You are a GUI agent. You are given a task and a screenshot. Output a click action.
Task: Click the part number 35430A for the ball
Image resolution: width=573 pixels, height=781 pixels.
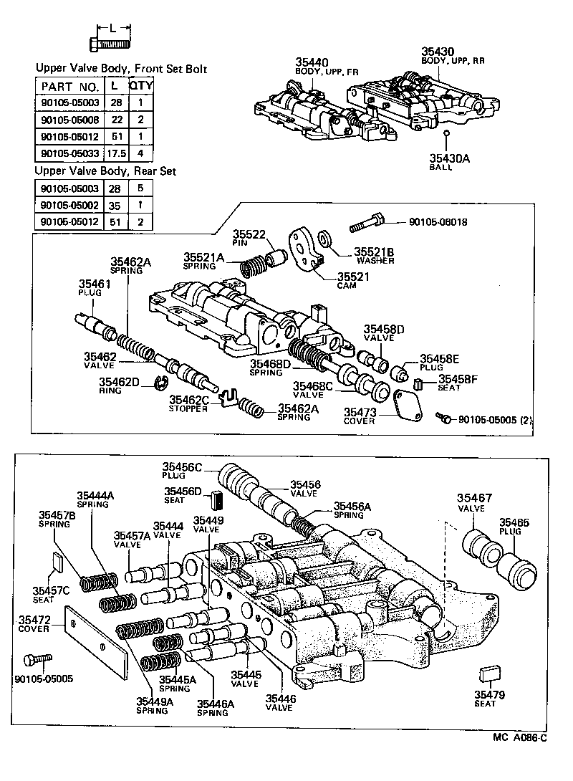(448, 158)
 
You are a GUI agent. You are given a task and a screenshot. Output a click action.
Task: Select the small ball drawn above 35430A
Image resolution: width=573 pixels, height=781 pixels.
(446, 133)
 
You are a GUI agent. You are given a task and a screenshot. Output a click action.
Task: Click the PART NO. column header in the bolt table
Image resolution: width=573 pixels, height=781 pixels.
(65, 85)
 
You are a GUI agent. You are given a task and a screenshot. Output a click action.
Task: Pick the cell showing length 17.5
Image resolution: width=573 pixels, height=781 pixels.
(115, 153)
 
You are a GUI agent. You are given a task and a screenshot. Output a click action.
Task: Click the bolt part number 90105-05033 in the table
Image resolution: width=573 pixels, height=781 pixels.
(69, 153)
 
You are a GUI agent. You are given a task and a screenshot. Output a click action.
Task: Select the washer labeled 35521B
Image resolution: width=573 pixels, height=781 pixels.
(325, 237)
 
